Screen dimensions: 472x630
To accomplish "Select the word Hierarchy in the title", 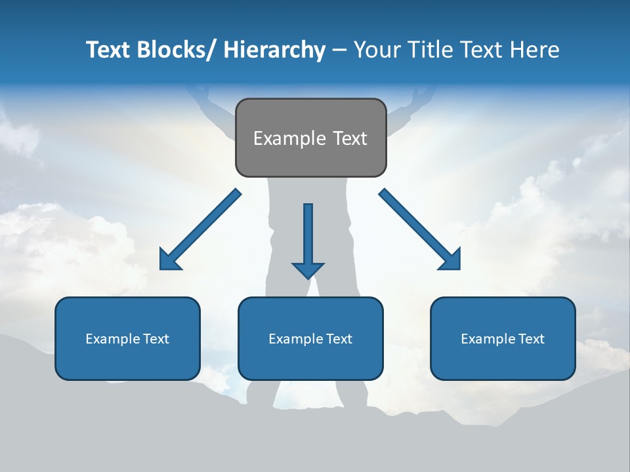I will click(x=274, y=50).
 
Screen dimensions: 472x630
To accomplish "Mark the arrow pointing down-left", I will click(x=200, y=229).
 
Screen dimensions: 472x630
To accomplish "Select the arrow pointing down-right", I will click(x=420, y=229).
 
